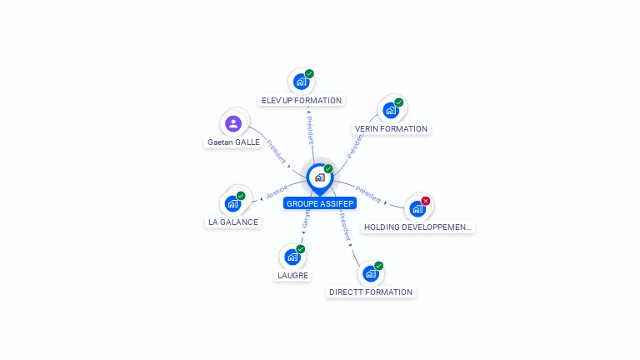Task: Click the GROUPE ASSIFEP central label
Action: [x=319, y=203]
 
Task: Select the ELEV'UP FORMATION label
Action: [x=302, y=101]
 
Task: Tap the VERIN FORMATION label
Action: [x=391, y=129]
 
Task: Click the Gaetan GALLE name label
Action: [x=233, y=142]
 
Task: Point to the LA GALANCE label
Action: [x=233, y=222]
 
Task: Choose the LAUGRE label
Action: [x=292, y=276]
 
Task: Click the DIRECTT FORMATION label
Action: [x=371, y=292]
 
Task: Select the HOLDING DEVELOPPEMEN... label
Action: [x=417, y=227]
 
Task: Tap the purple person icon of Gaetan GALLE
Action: [x=233, y=123]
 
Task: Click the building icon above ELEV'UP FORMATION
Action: [x=301, y=82]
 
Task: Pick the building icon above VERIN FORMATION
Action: [x=390, y=110]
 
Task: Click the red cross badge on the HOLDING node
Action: [x=426, y=201]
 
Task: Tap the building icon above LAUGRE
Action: [x=292, y=257]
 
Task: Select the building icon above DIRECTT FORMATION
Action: [x=370, y=273]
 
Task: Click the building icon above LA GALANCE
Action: [x=232, y=202]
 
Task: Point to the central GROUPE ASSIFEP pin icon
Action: [x=319, y=177]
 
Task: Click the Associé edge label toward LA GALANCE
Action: [x=277, y=192]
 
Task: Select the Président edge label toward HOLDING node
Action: [x=367, y=194]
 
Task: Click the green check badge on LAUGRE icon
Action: [x=301, y=249]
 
